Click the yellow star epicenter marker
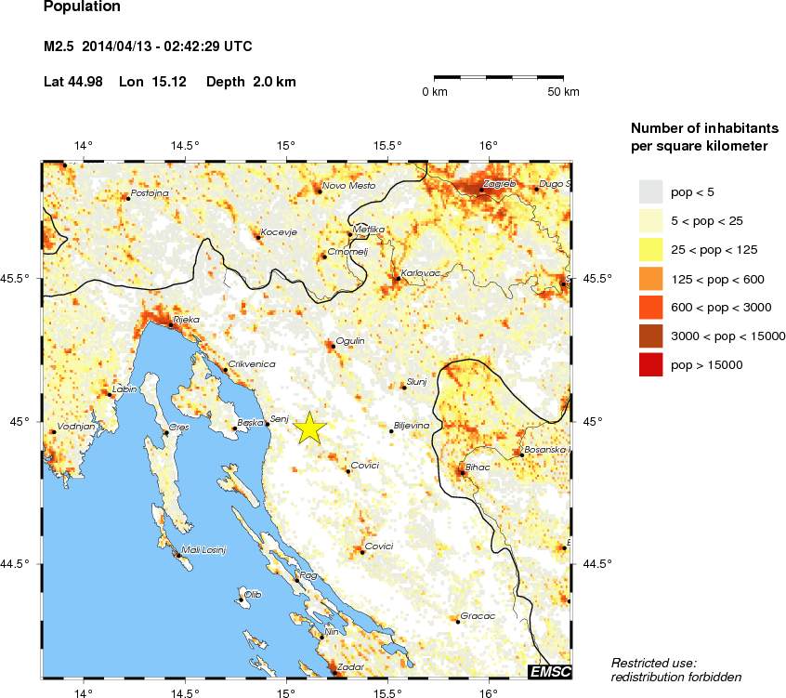pos(310,428)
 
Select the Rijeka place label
pos(186,319)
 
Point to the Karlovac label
pos(419,270)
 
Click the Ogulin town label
pos(350,341)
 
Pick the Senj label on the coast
pos(280,418)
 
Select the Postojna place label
pos(150,193)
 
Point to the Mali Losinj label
pos(204,549)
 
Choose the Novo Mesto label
pos(348,186)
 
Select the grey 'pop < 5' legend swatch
pos(649,191)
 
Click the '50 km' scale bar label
pos(563,92)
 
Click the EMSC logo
pos(549,671)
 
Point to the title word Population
pos(82,7)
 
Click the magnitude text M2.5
pos(59,46)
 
